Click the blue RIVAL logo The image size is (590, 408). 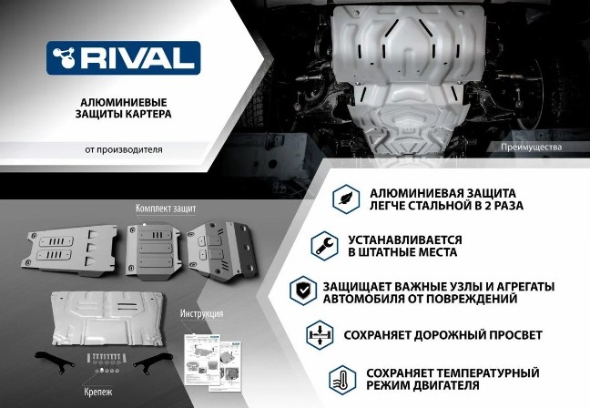tap(124, 58)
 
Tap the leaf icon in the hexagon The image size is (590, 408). tap(346, 199)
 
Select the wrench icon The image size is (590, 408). tap(324, 246)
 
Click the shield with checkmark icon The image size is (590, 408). tap(303, 291)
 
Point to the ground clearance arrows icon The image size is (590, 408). tap(320, 335)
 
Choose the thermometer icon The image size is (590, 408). tap(342, 380)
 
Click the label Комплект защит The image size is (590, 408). tap(166, 209)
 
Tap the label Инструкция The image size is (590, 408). tap(202, 313)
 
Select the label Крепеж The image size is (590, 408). tap(98, 392)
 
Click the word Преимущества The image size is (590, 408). tap(532, 148)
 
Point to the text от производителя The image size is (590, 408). tap(124, 149)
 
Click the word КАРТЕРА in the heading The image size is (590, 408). tap(148, 114)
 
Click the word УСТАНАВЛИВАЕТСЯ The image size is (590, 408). tap(404, 240)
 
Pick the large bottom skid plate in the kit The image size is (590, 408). tap(108, 319)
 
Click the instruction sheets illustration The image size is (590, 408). tap(212, 362)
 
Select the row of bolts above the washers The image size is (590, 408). tap(104, 358)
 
